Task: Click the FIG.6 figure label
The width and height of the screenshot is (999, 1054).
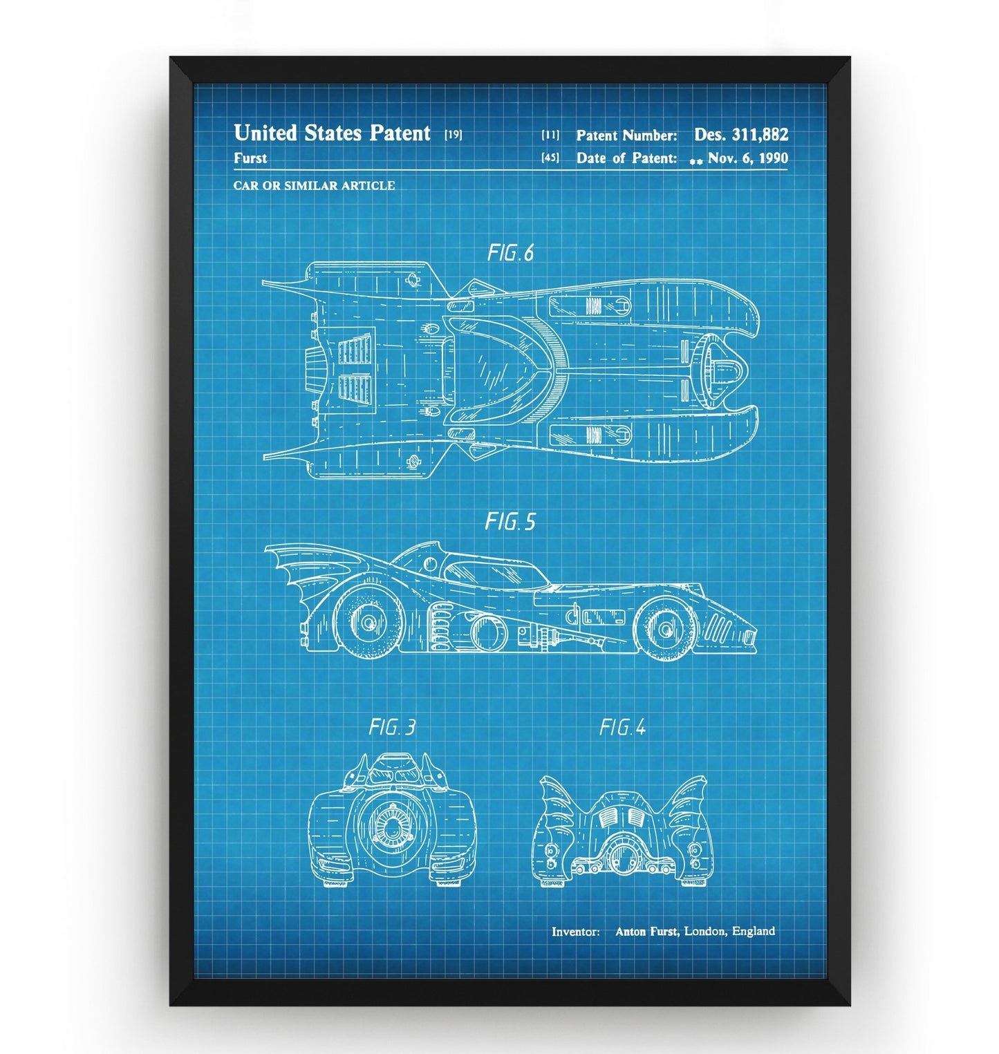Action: coord(510,253)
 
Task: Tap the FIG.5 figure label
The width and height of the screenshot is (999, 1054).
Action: coord(510,521)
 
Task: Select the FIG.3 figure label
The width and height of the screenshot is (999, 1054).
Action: coord(392,727)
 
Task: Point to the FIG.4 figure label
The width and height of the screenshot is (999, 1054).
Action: coord(622,727)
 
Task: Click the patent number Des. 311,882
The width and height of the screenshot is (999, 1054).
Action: coord(740,134)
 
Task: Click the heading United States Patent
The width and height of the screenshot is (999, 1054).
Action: coord(332,133)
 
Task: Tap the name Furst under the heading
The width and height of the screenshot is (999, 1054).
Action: coord(250,158)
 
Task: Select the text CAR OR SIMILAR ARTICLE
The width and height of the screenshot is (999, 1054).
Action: coord(314,185)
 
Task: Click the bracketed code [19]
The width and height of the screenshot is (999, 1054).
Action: coord(453,135)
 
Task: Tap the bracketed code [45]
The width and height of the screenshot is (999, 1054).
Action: coord(550,158)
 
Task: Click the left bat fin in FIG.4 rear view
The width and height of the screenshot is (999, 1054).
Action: coord(557,802)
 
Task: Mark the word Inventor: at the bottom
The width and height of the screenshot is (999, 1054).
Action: coord(575,932)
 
